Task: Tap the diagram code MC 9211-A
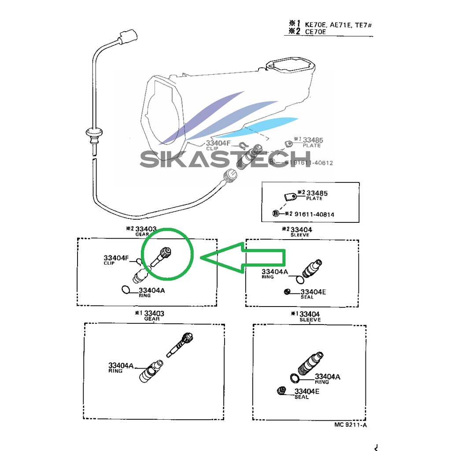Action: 350,425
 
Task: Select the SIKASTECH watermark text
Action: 225,159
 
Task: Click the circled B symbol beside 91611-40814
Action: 276,214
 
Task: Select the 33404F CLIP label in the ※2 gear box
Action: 116,259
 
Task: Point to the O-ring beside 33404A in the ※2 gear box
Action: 126,290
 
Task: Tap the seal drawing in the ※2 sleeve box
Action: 287,291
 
